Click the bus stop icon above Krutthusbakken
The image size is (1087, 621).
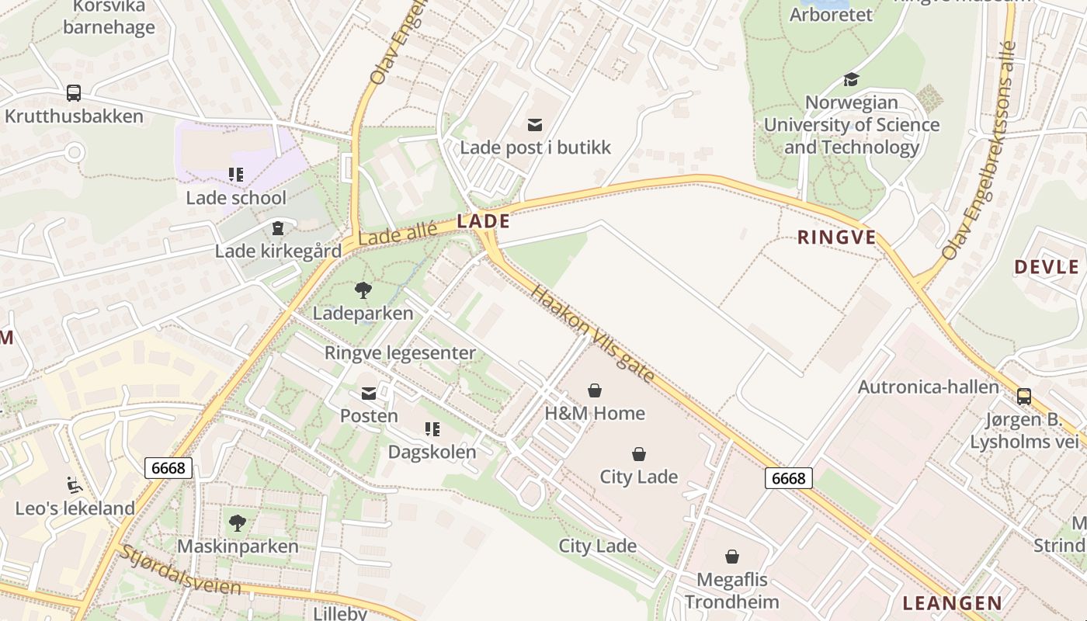pyautogui.click(x=74, y=93)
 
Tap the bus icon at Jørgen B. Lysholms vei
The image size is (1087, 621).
pyautogui.click(x=1024, y=397)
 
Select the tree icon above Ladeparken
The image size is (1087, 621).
pyautogui.click(x=363, y=291)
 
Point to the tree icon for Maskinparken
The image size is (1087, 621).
pyautogui.click(x=238, y=523)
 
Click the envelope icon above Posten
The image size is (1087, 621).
pyautogui.click(x=369, y=394)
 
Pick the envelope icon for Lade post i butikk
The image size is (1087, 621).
pyautogui.click(x=535, y=124)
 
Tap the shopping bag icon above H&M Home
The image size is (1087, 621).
pyautogui.click(x=595, y=390)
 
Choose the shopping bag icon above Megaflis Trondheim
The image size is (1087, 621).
pyautogui.click(x=731, y=557)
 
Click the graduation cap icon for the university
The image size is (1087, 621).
pyautogui.click(x=851, y=79)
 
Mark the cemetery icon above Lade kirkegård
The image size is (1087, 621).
pyautogui.click(x=277, y=228)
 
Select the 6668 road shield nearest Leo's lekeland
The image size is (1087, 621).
pyautogui.click(x=168, y=468)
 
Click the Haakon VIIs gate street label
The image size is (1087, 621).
pyautogui.click(x=594, y=334)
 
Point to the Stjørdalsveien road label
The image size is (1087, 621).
pyautogui.click(x=179, y=570)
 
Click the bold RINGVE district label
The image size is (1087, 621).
pyautogui.click(x=836, y=238)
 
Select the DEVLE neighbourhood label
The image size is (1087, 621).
pyautogui.click(x=1047, y=268)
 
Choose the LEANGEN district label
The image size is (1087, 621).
pyautogui.click(x=952, y=603)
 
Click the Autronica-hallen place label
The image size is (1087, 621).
pyautogui.click(x=928, y=387)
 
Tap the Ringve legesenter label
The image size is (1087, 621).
pyautogui.click(x=400, y=353)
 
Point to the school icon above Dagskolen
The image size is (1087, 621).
pyautogui.click(x=432, y=428)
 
